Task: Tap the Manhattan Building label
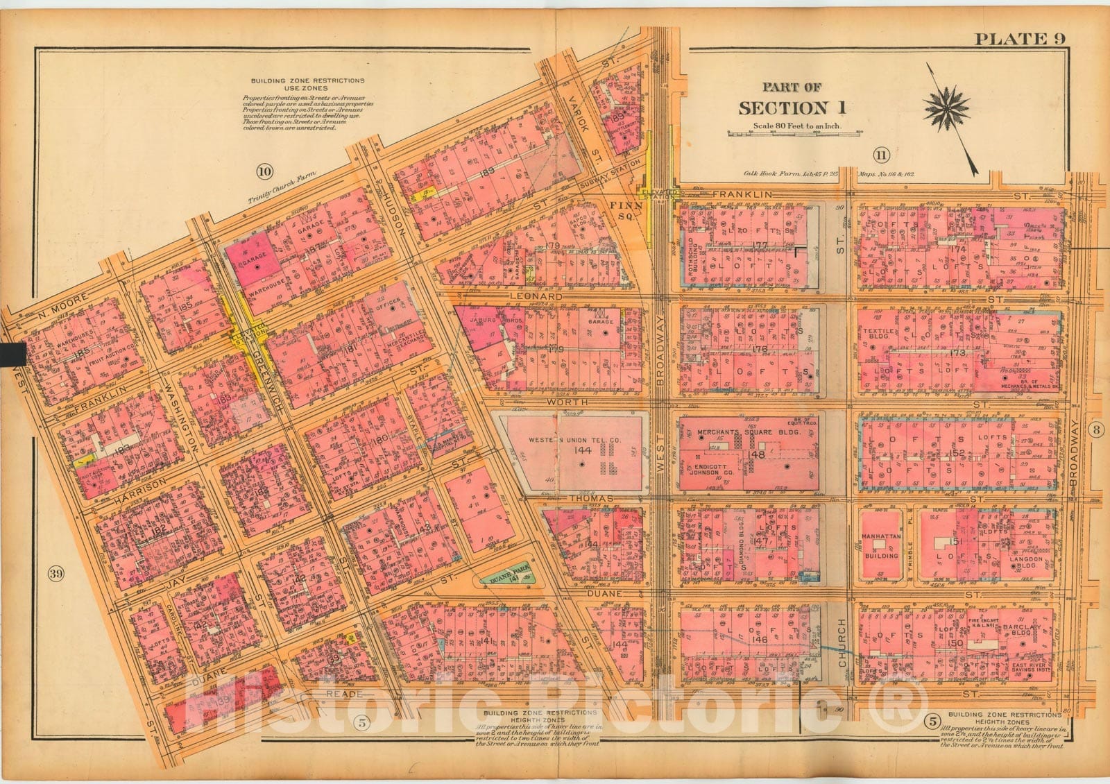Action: pyautogui.click(x=880, y=545)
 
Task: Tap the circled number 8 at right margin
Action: pyautogui.click(x=1092, y=427)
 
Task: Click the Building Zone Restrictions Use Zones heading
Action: pyautogui.click(x=307, y=85)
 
